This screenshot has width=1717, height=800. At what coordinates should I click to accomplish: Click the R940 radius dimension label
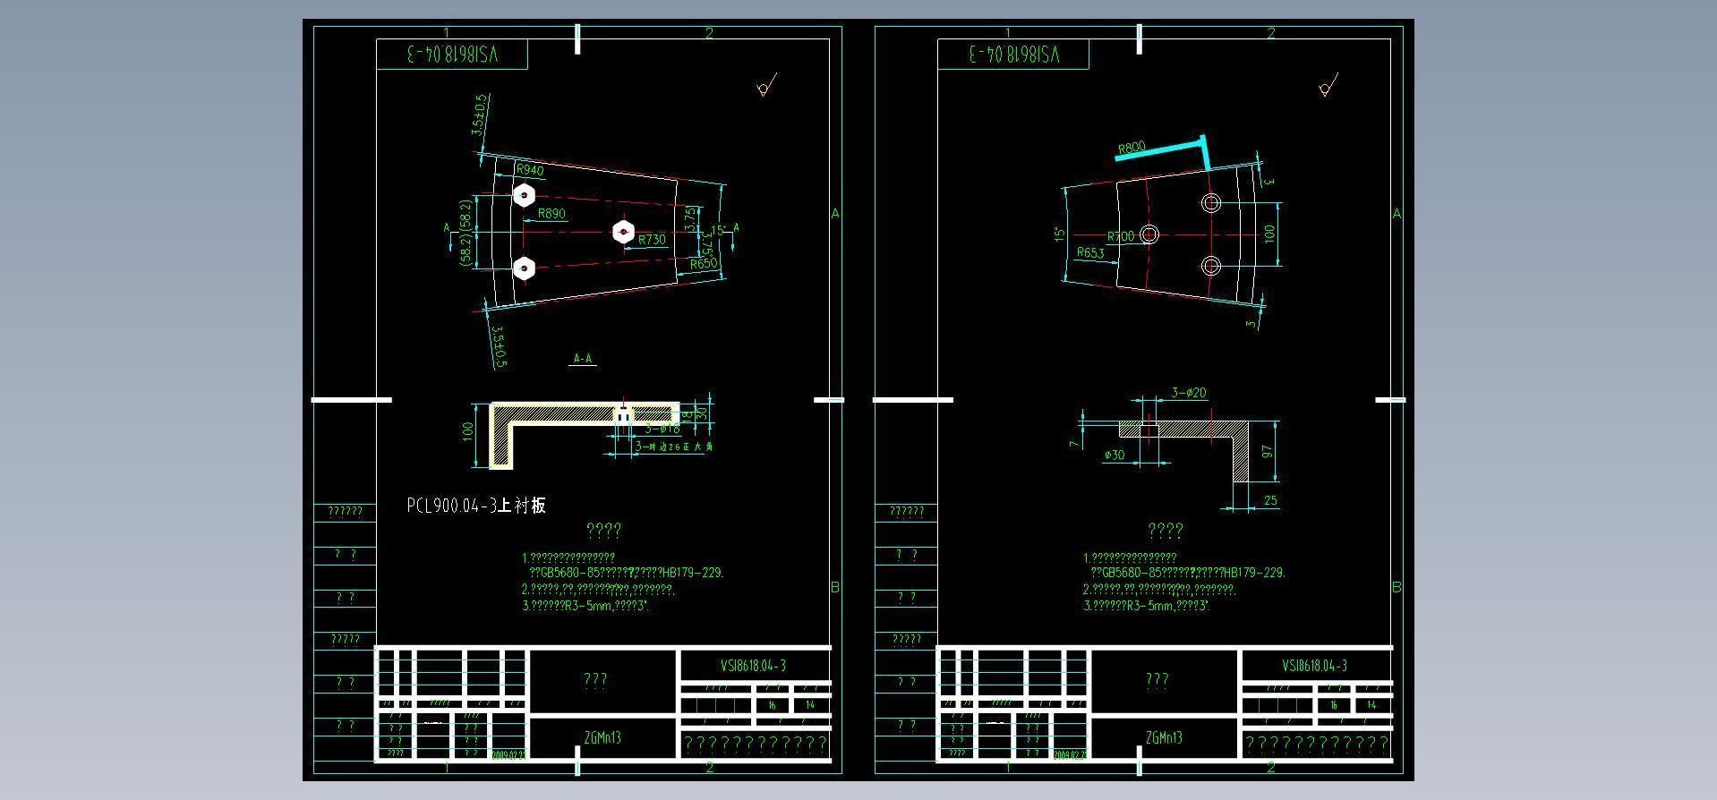(530, 170)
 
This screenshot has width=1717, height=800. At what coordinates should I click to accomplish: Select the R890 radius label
(551, 214)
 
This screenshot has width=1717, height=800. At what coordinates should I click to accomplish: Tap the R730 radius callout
(653, 240)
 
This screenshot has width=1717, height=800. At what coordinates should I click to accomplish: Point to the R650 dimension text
(704, 264)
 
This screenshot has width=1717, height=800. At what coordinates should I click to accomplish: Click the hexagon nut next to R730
(623, 232)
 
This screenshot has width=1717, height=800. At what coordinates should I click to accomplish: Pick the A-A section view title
(583, 359)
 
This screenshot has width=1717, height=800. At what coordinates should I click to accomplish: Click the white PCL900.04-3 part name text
(475, 506)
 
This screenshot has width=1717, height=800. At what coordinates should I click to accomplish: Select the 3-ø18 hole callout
(662, 429)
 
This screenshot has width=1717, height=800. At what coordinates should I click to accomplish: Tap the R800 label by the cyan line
(1132, 148)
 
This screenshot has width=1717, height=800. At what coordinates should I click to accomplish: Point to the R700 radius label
(1121, 236)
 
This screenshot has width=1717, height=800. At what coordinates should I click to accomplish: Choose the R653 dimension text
(1090, 253)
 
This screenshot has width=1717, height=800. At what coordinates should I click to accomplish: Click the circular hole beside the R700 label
(1150, 234)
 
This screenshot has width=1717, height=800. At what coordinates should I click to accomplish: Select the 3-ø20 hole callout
(1189, 393)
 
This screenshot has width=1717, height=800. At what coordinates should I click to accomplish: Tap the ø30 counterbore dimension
(1115, 455)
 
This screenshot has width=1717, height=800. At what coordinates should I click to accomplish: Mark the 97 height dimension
(1268, 453)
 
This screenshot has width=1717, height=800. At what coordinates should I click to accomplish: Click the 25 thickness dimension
(1270, 501)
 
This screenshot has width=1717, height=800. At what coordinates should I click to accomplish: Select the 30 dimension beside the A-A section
(703, 413)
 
